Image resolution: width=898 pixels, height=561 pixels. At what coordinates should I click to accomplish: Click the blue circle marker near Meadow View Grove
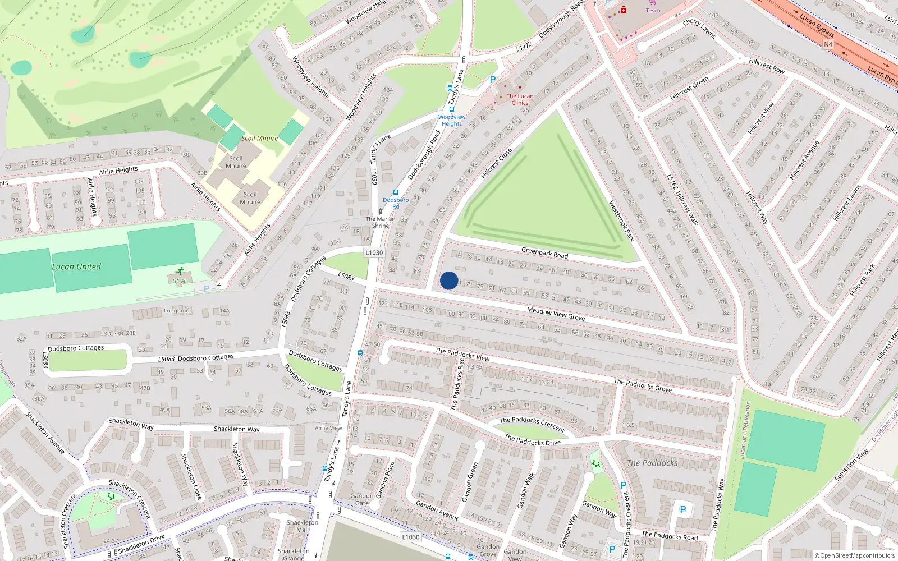(448, 280)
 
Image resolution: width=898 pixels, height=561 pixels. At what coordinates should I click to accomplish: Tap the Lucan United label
(76, 267)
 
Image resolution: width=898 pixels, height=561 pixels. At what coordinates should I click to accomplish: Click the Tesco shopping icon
(652, 2)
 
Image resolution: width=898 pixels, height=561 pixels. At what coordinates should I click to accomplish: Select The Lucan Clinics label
(520, 99)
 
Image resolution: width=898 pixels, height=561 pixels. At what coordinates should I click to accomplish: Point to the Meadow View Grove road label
(556, 314)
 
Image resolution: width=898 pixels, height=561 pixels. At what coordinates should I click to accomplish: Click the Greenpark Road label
(544, 253)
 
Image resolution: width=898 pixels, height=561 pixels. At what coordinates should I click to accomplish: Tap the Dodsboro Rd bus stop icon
(396, 192)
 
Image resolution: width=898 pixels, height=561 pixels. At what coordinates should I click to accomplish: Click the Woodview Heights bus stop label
(452, 121)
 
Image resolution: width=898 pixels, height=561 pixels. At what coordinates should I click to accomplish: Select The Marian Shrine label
(381, 222)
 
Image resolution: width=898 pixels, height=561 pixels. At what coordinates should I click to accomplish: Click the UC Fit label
(180, 281)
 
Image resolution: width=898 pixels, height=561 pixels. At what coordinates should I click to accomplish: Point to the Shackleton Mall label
(302, 526)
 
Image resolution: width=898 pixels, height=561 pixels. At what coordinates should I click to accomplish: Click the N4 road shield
(828, 44)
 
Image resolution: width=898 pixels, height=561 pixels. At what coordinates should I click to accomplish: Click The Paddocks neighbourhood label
(652, 463)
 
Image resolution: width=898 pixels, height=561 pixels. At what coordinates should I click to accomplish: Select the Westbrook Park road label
(621, 221)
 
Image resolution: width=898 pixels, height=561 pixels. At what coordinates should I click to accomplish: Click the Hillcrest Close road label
(496, 163)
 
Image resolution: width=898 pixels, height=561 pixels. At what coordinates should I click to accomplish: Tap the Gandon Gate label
(362, 499)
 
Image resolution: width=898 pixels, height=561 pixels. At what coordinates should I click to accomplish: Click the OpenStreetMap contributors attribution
(854, 555)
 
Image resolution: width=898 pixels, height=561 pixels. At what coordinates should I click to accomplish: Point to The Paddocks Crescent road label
(532, 424)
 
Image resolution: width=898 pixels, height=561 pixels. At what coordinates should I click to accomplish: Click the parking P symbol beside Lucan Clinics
(492, 80)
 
